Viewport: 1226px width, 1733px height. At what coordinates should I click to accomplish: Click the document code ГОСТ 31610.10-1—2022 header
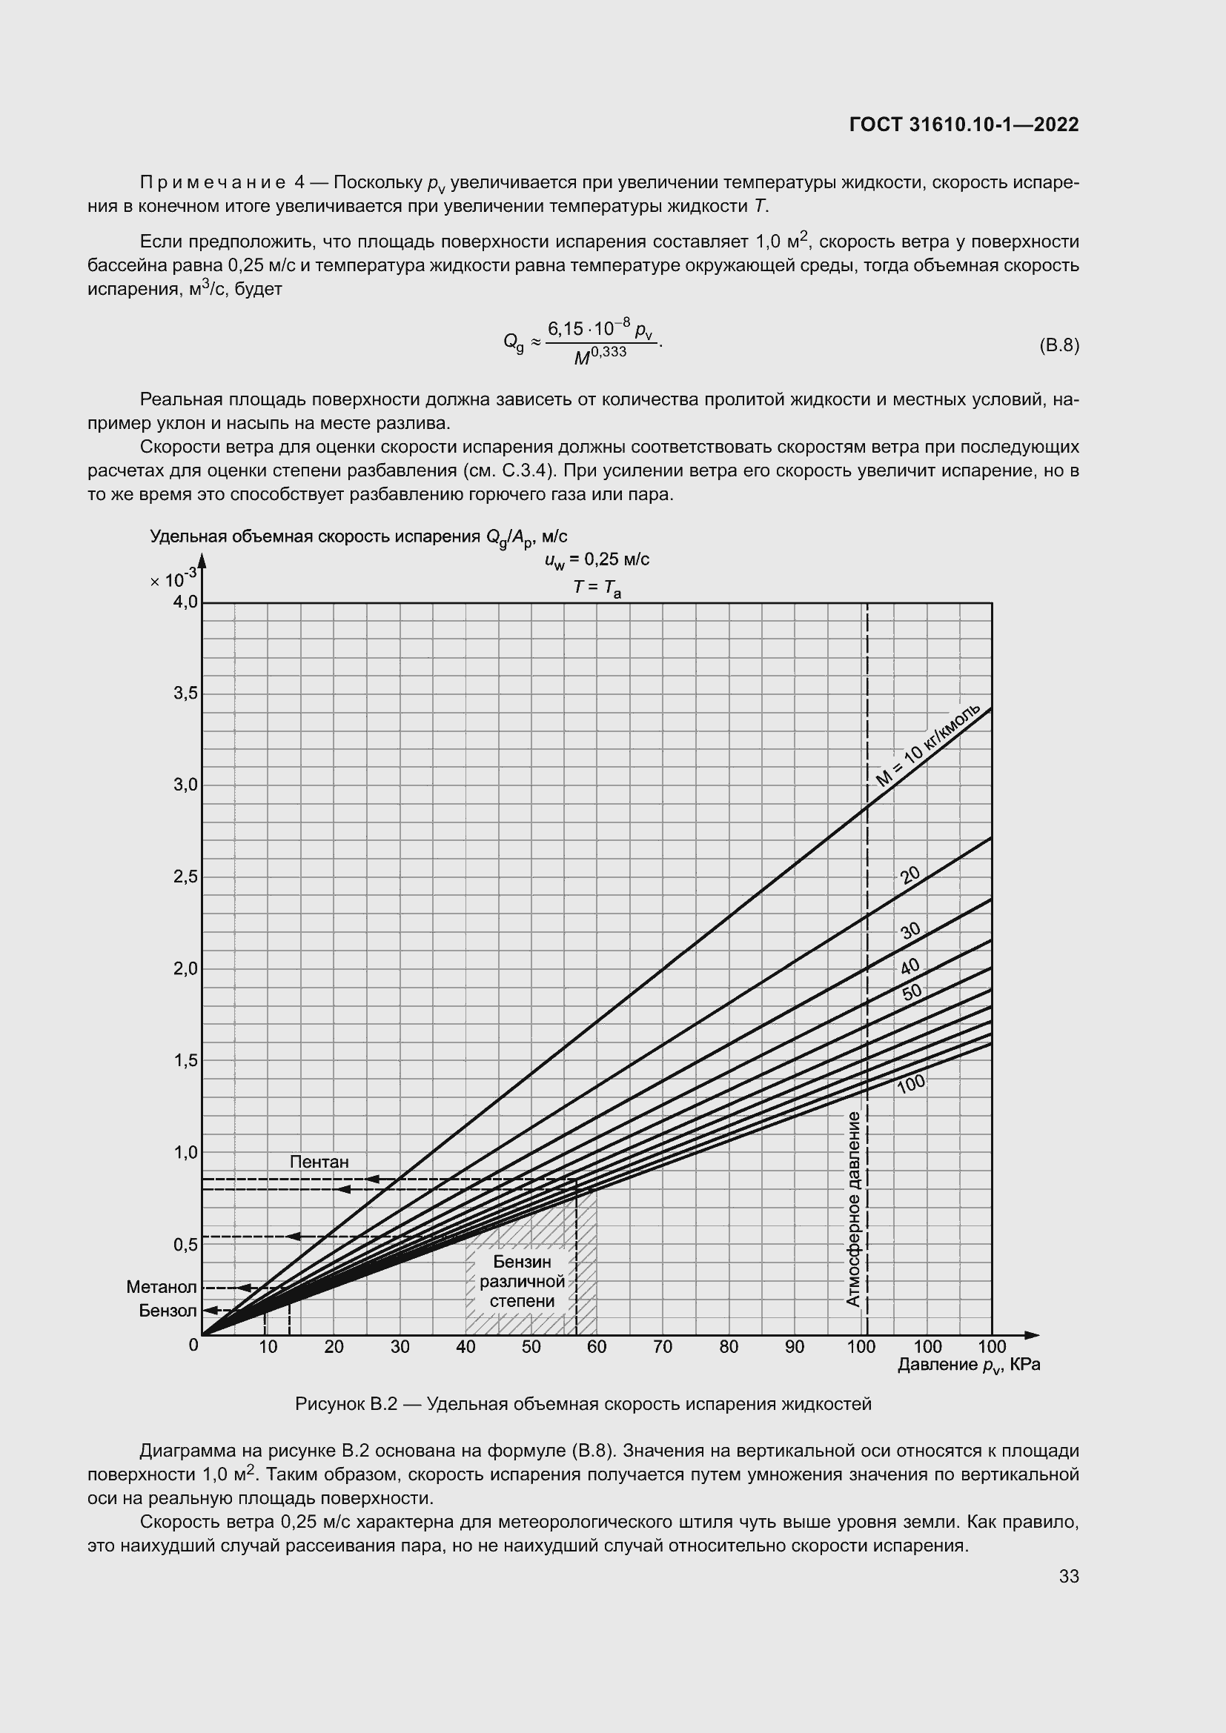tap(964, 125)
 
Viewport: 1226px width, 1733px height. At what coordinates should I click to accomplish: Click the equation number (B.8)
tap(1059, 346)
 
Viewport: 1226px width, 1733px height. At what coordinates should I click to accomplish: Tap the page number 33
tap(1069, 1576)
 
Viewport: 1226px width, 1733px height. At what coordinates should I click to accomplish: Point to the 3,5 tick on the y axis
tap(185, 693)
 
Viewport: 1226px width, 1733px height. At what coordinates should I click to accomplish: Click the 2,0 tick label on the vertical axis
tap(185, 968)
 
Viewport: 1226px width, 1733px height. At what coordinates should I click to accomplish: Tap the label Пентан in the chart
tap(319, 1162)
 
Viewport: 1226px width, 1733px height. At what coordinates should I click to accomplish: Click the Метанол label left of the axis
tap(162, 1287)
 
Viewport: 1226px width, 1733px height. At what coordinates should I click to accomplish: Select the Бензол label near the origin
tap(168, 1311)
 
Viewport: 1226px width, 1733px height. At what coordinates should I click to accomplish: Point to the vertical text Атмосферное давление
tap(853, 1208)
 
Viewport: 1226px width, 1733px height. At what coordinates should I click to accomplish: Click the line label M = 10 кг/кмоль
tap(929, 745)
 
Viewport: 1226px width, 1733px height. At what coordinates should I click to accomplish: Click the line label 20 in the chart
tap(910, 875)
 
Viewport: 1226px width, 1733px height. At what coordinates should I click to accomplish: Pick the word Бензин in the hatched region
tap(522, 1262)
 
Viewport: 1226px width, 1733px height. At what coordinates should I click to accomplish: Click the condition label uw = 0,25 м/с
tap(597, 559)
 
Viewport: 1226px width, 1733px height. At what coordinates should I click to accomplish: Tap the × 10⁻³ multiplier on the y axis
tap(173, 579)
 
